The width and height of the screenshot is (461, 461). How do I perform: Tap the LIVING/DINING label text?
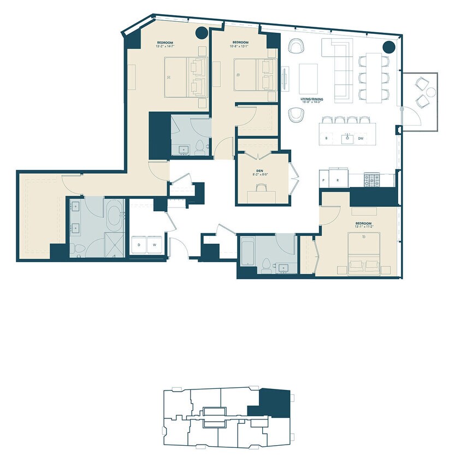coord(312,99)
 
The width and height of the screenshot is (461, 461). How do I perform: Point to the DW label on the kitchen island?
coord(361,139)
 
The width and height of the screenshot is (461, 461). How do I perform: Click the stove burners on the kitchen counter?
coord(372,179)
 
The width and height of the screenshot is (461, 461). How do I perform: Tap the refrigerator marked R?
coord(338,180)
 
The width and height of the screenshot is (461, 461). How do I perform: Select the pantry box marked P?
coord(324,180)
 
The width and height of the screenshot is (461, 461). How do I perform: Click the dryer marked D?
coord(139,244)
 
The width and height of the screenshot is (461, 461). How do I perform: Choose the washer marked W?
coord(154,244)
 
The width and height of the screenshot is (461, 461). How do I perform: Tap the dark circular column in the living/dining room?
coord(389,47)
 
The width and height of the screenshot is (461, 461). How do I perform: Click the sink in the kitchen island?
coord(347,139)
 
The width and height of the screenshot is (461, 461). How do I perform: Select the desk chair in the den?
coord(261,187)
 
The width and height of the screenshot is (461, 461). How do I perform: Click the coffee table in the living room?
coord(308,79)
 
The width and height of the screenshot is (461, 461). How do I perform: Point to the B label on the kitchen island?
coord(326,139)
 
